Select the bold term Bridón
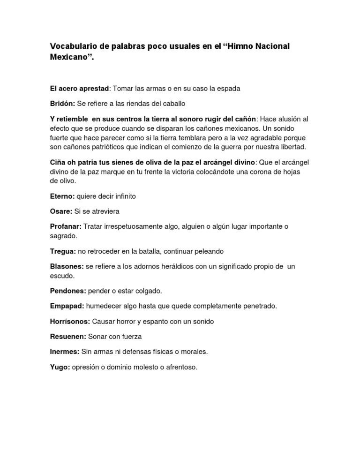(62, 103)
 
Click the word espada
(229, 88)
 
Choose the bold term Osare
(61, 211)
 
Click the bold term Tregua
(63, 251)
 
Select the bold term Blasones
(67, 266)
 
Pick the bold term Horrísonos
(70, 321)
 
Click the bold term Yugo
(60, 367)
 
